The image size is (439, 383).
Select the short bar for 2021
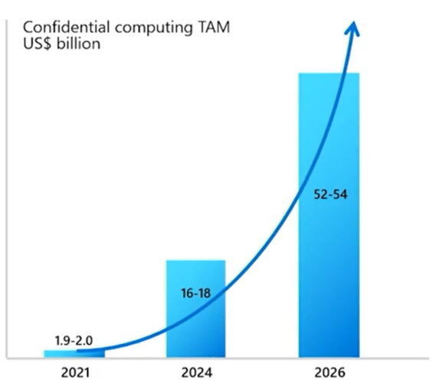pos(74,353)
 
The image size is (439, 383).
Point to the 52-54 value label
pos(331,195)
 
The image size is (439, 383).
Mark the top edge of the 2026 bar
pos(329,74)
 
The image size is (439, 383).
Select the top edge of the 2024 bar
pos(196,261)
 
